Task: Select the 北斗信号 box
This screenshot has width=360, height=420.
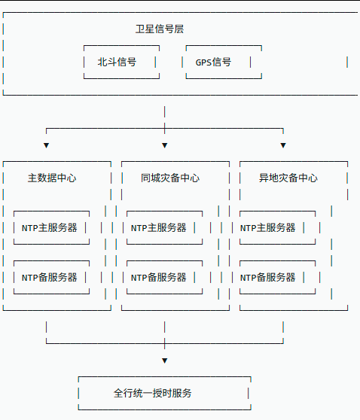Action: pos(121,62)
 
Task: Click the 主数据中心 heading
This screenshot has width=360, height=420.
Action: pos(52,178)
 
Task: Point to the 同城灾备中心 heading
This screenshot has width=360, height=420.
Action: pos(170,178)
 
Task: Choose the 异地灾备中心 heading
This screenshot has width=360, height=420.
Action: pos(288,178)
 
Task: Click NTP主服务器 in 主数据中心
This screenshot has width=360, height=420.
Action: pos(50,227)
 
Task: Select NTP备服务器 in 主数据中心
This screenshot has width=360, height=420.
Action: pos(50,277)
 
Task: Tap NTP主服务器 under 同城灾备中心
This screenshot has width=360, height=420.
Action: pos(163,227)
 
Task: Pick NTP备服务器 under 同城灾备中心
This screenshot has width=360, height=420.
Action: pos(163,277)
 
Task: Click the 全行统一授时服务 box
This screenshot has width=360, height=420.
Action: pos(164,393)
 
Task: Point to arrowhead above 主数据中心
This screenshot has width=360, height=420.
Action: pos(46,145)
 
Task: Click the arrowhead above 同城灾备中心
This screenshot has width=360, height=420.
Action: pos(164,145)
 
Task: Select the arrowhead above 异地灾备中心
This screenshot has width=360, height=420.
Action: pos(283,145)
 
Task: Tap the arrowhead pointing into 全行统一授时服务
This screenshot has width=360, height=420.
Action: pos(164,361)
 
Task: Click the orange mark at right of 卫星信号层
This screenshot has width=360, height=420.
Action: pos(347,62)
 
